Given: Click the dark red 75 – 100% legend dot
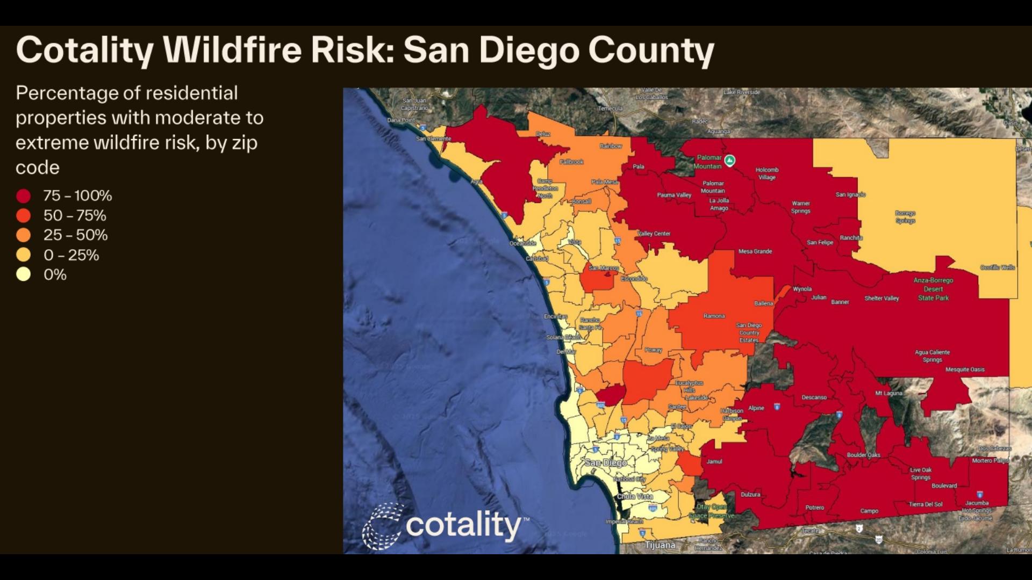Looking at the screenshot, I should pyautogui.click(x=23, y=196).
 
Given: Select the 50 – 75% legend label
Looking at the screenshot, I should pyautogui.click(x=75, y=215).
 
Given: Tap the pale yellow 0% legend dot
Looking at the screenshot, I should pyautogui.click(x=23, y=274).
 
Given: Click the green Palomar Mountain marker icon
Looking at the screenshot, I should pyautogui.click(x=729, y=160).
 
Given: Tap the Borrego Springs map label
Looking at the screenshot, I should pyautogui.click(x=905, y=217).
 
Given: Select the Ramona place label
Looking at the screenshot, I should pyautogui.click(x=714, y=316).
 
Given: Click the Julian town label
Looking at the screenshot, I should pyautogui.click(x=819, y=297).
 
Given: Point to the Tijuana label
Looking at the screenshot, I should pyautogui.click(x=660, y=545).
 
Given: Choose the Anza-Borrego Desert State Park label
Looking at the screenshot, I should pyautogui.click(x=933, y=289).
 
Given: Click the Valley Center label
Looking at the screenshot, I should pyautogui.click(x=654, y=234).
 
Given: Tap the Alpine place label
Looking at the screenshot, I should pyautogui.click(x=756, y=408).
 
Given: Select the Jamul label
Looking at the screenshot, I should pyautogui.click(x=714, y=461).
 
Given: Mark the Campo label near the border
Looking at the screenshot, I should pyautogui.click(x=869, y=511).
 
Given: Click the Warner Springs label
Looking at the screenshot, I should pyautogui.click(x=800, y=207).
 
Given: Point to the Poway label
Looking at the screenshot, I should pyautogui.click(x=653, y=350).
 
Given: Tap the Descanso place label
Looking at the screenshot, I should pyautogui.click(x=814, y=397).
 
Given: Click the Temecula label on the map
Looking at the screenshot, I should pyautogui.click(x=610, y=108).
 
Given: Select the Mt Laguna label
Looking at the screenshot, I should pyautogui.click(x=888, y=393).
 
